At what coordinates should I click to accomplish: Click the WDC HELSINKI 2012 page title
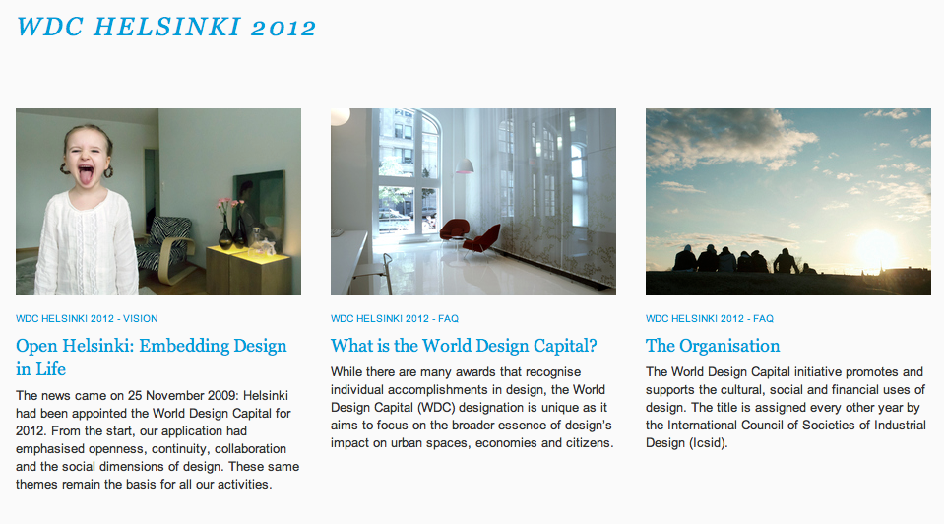click(x=166, y=28)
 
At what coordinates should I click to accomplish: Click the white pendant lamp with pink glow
click(x=464, y=165)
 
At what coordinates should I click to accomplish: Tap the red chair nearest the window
click(x=454, y=230)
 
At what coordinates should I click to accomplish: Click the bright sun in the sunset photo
click(x=876, y=247)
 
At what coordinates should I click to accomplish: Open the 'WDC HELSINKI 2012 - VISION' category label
click(x=87, y=318)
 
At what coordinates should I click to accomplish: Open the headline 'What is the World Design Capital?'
click(x=464, y=346)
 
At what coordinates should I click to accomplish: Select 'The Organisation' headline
click(x=713, y=346)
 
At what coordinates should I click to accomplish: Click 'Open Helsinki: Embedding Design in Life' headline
click(x=152, y=358)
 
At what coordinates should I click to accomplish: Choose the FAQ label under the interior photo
click(x=395, y=318)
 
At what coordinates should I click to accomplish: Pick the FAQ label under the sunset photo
click(x=709, y=318)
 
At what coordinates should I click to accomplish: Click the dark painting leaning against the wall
click(x=259, y=205)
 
